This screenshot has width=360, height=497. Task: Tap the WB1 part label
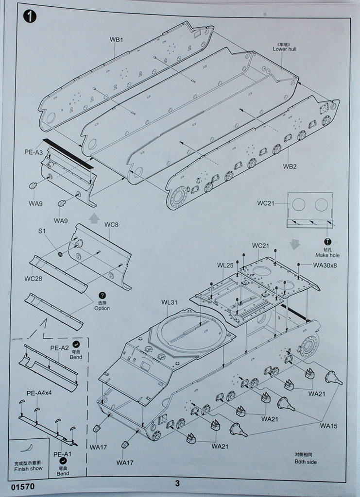(116, 40)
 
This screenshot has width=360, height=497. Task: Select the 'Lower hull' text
(284, 49)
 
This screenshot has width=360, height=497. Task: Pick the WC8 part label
(111, 224)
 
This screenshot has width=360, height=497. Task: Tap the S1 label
(43, 231)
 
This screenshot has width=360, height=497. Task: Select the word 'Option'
(102, 308)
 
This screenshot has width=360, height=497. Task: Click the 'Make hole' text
(327, 255)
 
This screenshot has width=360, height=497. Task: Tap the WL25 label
(224, 265)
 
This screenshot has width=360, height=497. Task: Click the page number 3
(177, 483)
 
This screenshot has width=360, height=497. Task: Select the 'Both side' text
(305, 462)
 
